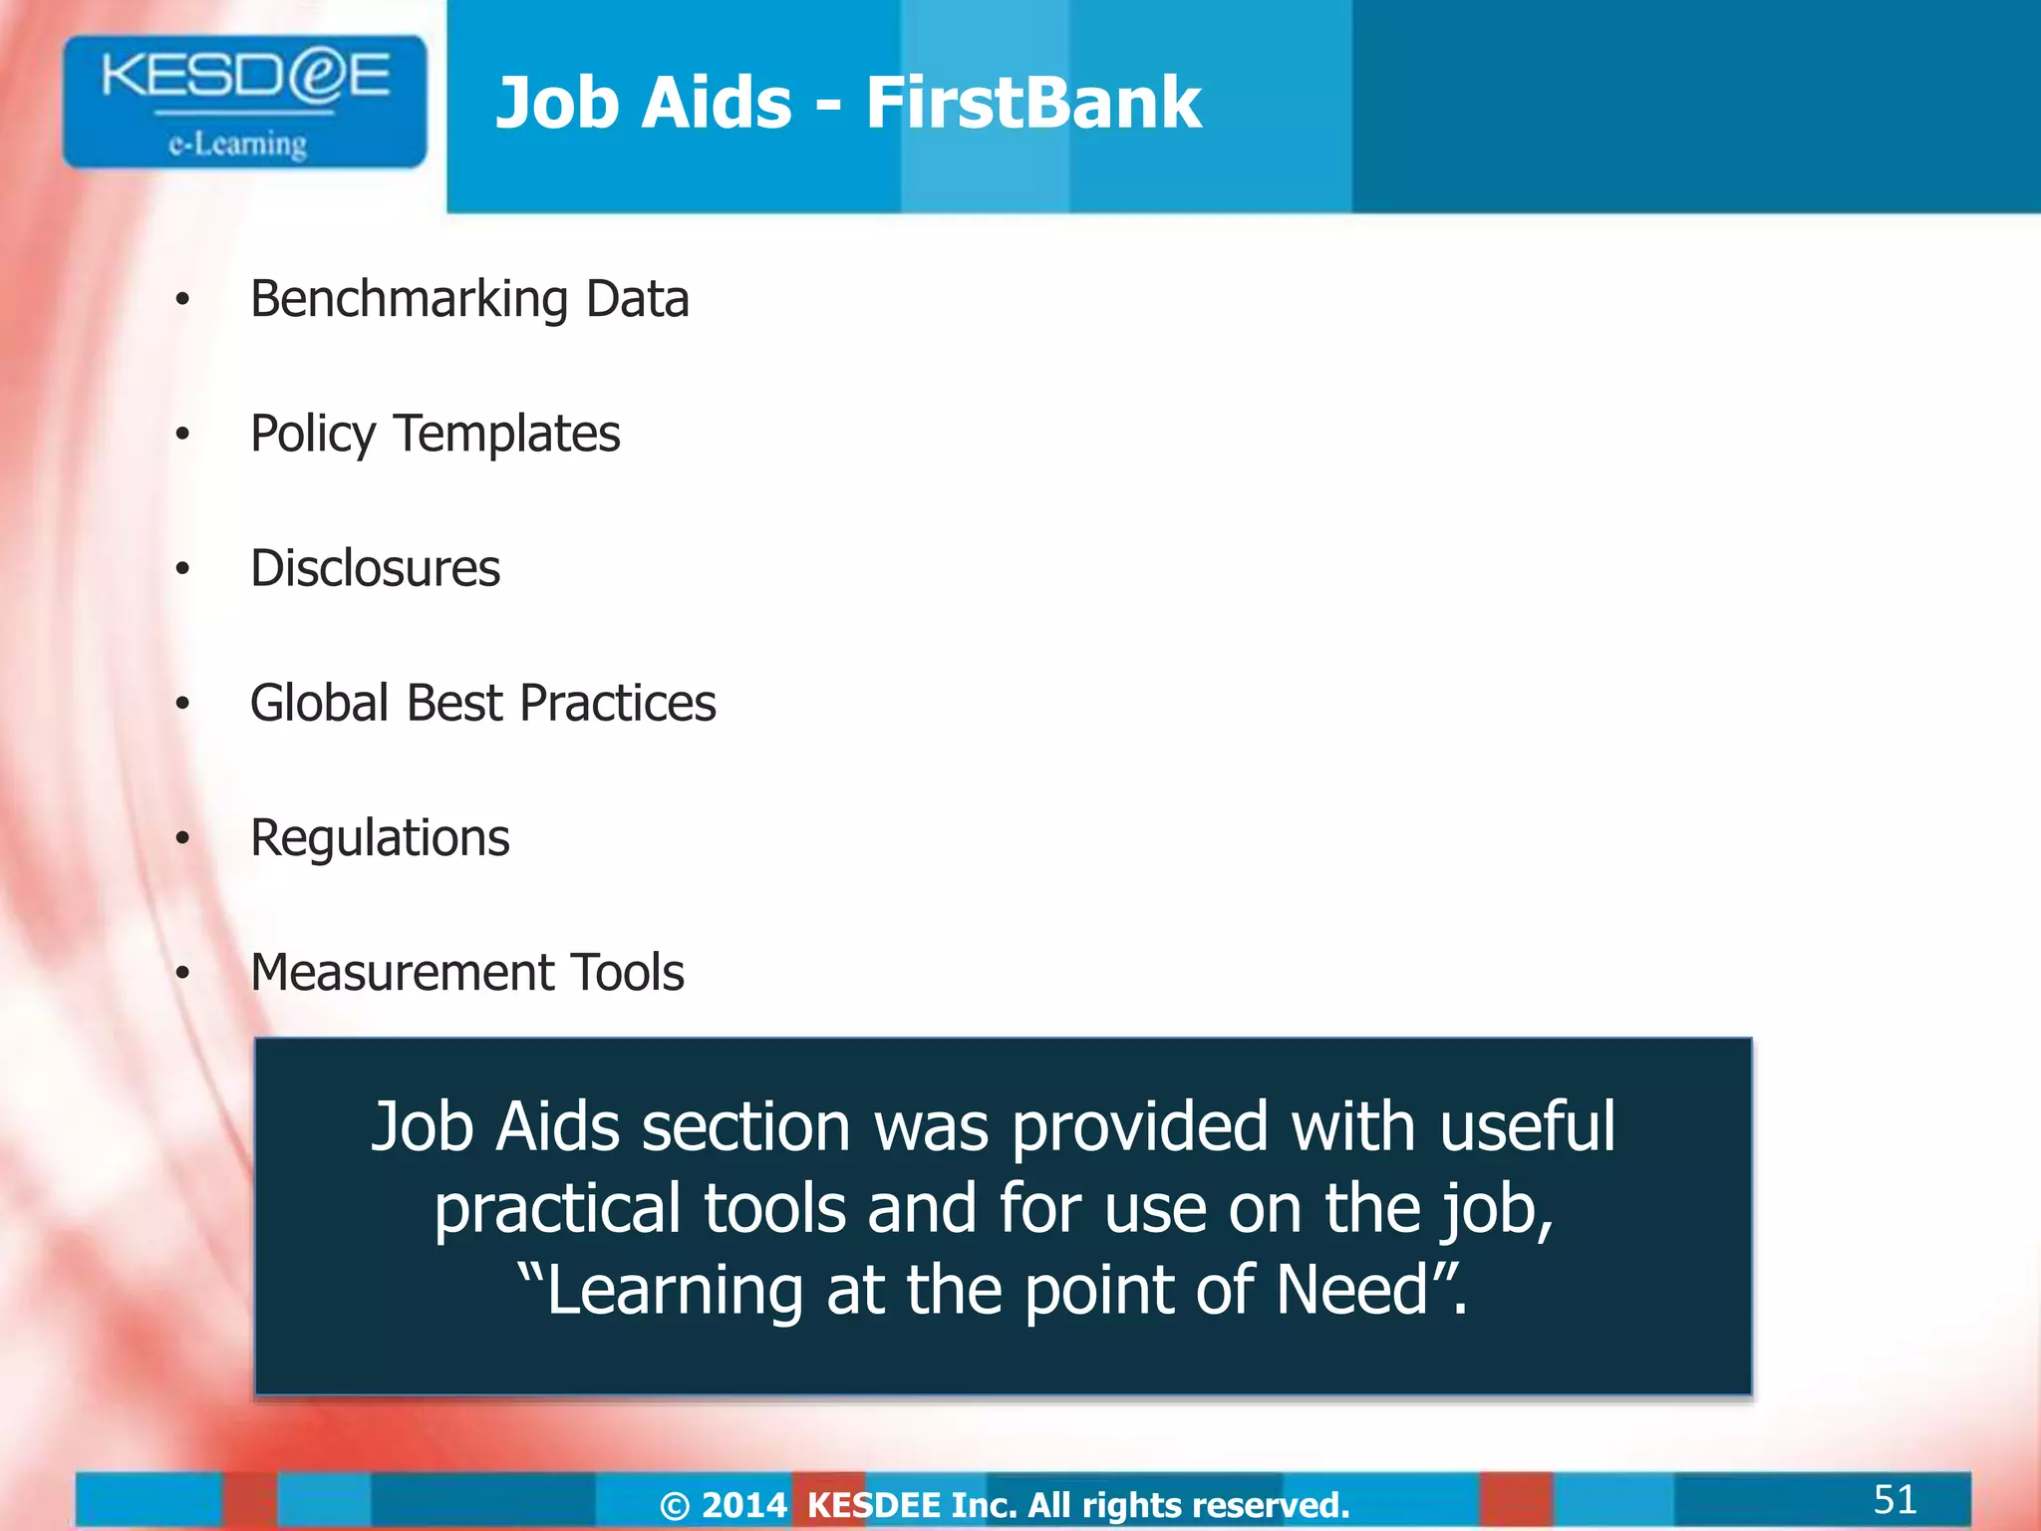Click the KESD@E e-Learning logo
coord(244,102)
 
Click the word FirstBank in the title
coord(1033,103)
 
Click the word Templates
coord(506,435)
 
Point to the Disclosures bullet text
coord(375,568)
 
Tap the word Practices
coord(617,703)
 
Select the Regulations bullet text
coord(380,838)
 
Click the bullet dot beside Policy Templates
coord(182,435)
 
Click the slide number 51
coord(1895,1498)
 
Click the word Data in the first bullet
coord(637,300)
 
